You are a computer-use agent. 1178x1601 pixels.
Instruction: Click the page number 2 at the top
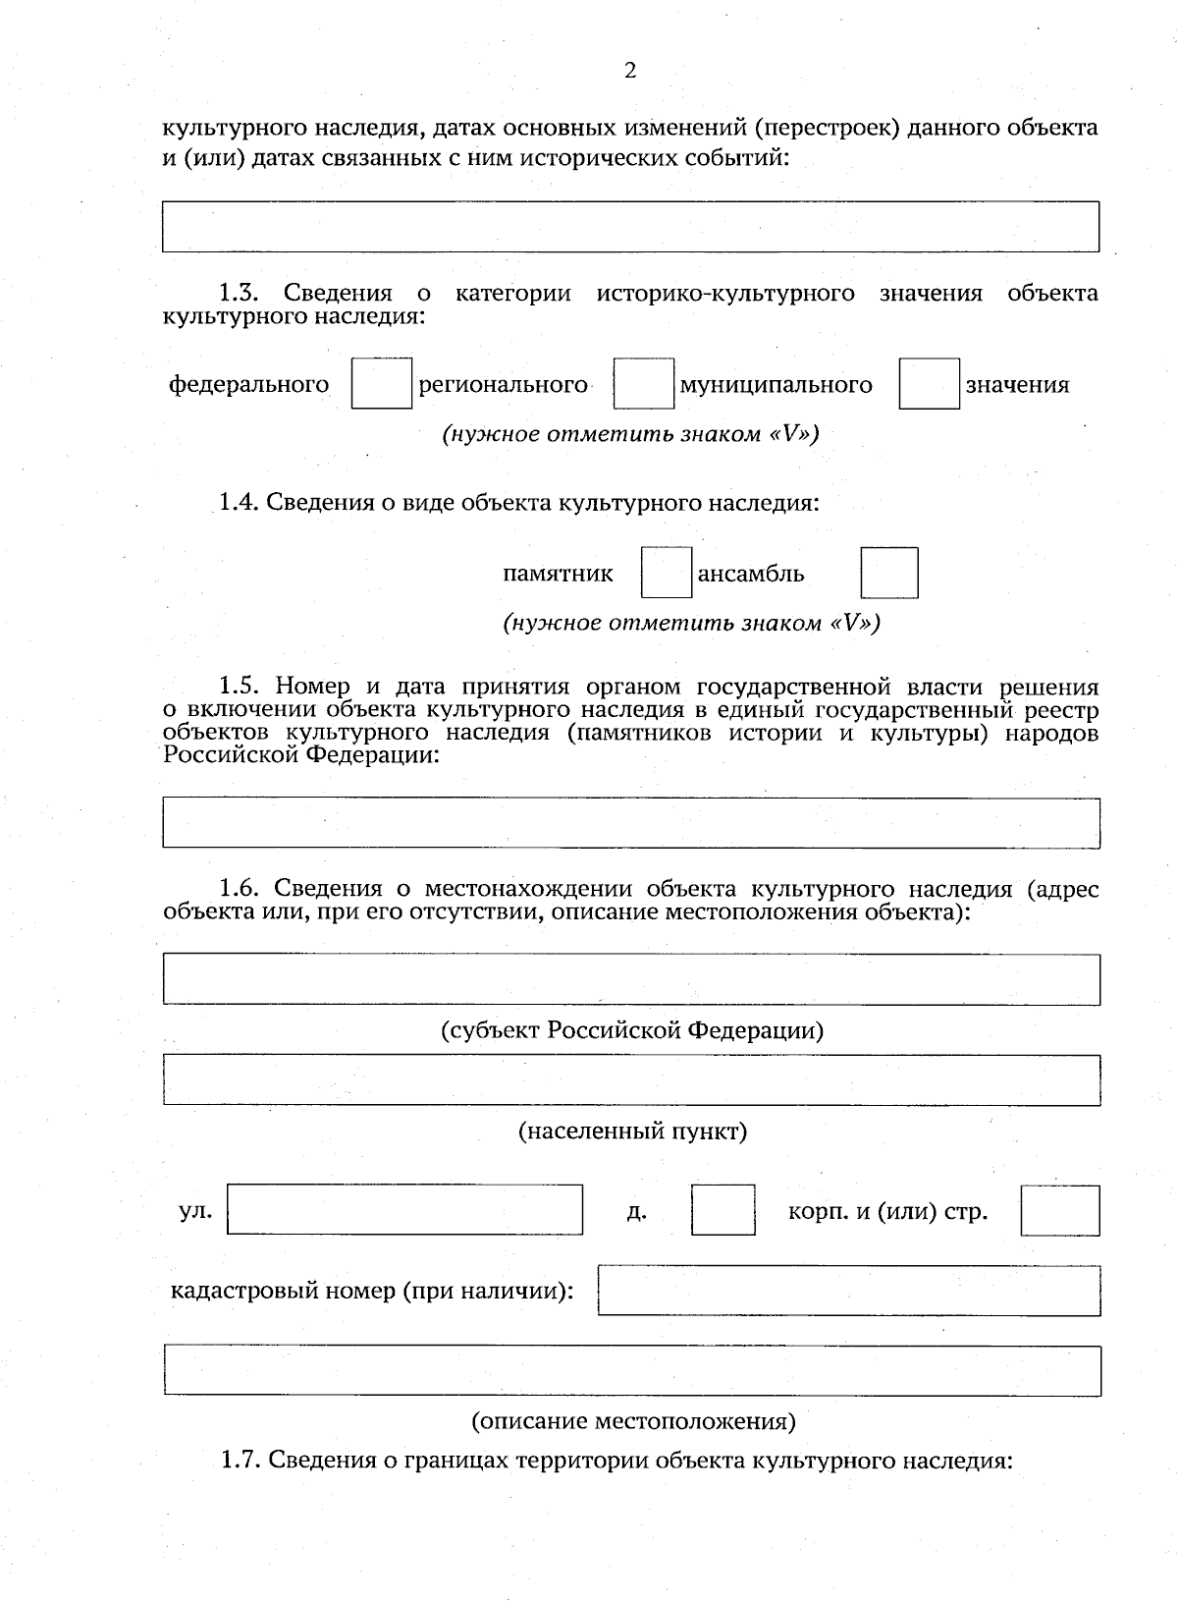[630, 71]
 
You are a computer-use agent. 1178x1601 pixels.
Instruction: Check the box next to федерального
[381, 384]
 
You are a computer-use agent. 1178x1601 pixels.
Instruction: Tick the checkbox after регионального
[643, 384]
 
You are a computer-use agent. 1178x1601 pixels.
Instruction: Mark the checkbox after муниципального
[929, 384]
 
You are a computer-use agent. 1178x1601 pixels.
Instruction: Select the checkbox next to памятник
[666, 574]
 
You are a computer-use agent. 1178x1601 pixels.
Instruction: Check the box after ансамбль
[889, 574]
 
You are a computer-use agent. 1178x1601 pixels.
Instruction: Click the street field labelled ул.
[404, 1209]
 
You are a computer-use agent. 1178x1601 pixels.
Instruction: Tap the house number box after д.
[723, 1209]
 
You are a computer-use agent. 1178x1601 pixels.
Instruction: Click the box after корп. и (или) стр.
[1059, 1209]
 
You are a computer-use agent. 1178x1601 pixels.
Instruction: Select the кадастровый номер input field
[848, 1291]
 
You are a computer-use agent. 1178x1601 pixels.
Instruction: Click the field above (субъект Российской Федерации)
[631, 978]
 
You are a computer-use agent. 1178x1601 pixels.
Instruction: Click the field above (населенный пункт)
[631, 1079]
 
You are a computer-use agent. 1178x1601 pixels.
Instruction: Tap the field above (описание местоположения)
[631, 1370]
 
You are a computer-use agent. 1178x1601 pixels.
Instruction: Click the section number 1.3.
[238, 293]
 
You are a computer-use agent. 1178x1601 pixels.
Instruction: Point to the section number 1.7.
[240, 1461]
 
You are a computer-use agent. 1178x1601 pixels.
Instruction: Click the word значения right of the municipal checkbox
[1017, 385]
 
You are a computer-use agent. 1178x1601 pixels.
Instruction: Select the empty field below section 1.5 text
[631, 823]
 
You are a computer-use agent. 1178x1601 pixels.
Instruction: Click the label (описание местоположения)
[633, 1421]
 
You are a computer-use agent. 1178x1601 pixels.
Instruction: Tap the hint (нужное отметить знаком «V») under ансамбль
[691, 624]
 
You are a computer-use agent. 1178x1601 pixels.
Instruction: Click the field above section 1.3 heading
[630, 227]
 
